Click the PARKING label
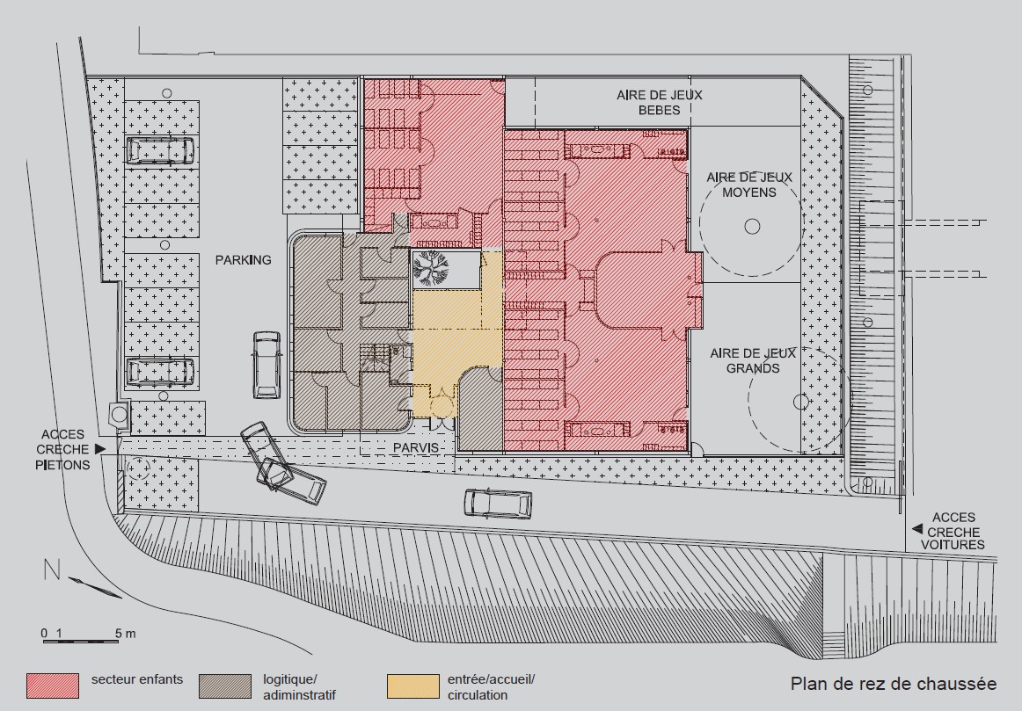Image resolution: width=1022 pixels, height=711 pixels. coord(243,260)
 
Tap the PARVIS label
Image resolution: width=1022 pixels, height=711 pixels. coord(415,448)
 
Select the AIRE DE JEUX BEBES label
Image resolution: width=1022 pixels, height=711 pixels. coord(660,102)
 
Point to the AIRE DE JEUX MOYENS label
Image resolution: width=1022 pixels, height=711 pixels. coord(749,185)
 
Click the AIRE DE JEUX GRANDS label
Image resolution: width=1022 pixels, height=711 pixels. coord(753,360)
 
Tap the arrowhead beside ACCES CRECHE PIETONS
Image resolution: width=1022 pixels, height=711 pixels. coord(100,448)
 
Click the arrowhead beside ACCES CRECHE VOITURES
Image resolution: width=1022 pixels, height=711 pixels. coord(917,528)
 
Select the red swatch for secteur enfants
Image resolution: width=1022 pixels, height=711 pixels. coord(53,686)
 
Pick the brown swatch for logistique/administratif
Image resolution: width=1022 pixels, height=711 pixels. coord(225,686)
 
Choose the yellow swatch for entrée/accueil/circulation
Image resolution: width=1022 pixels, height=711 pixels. coord(412,686)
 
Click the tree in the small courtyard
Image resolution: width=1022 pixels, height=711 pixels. coord(430,267)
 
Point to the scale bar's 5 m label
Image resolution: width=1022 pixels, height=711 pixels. coord(126,633)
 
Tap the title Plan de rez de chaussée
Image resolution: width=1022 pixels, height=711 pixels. coord(893,684)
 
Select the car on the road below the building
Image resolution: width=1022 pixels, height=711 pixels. coord(498,504)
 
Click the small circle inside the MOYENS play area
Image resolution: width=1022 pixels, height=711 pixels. coord(752,227)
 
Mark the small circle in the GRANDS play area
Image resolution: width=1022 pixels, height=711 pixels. coord(801,402)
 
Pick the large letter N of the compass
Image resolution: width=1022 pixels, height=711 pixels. coord(52,570)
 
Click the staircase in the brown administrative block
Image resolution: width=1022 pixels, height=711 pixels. coord(375,358)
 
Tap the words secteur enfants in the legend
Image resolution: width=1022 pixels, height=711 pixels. coord(137,679)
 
